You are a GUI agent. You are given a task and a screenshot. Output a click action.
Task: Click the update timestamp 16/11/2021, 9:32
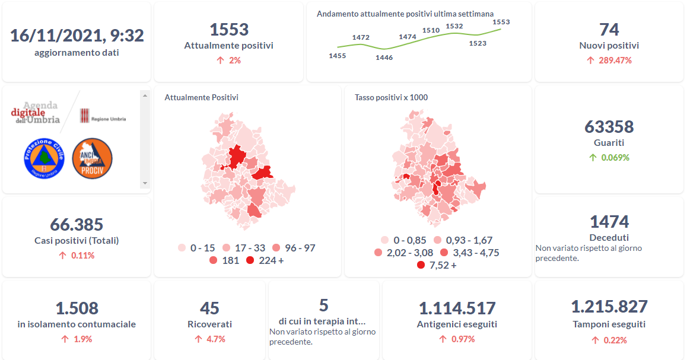[x=77, y=36]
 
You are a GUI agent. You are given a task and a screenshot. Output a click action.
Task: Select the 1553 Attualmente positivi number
[x=229, y=30]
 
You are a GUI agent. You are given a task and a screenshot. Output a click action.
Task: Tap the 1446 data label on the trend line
[x=384, y=58]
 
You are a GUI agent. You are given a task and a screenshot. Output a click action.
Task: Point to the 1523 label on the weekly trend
[x=478, y=43]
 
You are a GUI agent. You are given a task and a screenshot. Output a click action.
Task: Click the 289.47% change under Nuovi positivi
[x=609, y=60]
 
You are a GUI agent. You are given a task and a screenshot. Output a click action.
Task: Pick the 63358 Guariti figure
[x=609, y=127]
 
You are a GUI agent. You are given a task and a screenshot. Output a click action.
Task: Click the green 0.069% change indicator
[x=609, y=157]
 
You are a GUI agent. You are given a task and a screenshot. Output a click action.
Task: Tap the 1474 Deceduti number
[x=609, y=222]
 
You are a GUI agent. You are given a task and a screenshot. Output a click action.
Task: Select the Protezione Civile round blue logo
[x=43, y=158]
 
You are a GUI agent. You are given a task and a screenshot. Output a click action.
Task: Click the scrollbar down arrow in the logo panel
[x=144, y=183]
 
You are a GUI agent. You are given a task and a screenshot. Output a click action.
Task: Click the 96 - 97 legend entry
[x=294, y=248]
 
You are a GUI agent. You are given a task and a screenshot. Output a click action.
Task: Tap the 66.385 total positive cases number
[x=77, y=225]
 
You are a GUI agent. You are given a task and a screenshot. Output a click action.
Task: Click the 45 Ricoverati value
[x=209, y=308]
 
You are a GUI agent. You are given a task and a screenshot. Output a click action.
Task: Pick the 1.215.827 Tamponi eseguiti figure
[x=609, y=307]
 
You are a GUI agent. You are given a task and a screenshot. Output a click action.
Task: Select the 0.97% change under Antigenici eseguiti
[x=456, y=339]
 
